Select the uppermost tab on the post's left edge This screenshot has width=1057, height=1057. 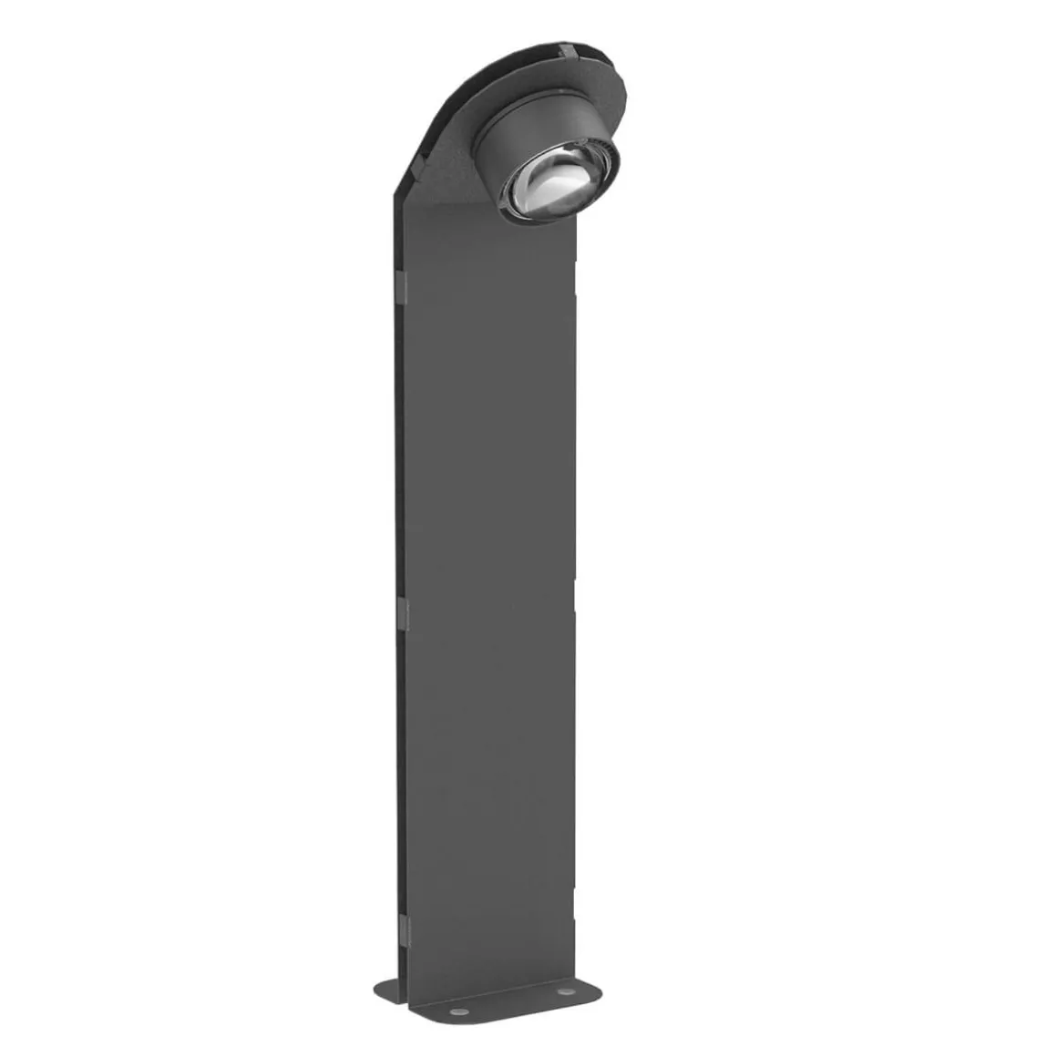coord(399,287)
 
